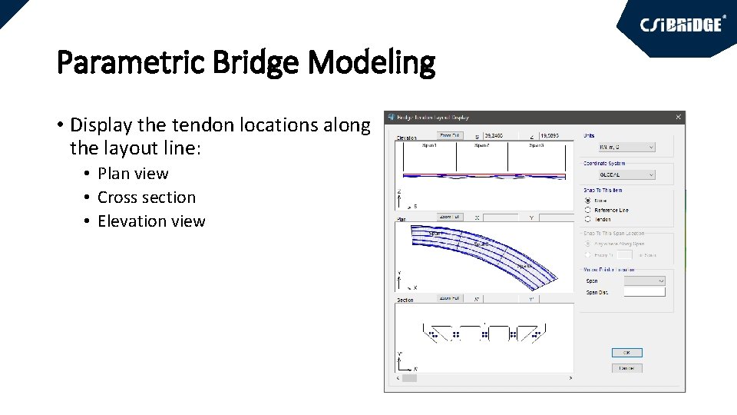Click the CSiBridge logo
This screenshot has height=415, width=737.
coord(682,25)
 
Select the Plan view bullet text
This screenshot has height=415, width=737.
coord(133,174)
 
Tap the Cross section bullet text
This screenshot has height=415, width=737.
coord(147,198)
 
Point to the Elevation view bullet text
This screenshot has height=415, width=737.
coord(151,221)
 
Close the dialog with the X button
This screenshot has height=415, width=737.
coord(678,118)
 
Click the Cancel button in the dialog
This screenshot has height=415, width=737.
coord(626,368)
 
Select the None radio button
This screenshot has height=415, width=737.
coord(588,201)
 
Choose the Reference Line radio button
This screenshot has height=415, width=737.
coord(588,210)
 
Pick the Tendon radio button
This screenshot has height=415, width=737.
coord(588,219)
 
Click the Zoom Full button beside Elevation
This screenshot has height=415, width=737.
coord(450,135)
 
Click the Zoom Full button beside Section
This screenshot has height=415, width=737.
coord(450,298)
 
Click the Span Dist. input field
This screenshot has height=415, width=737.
coord(644,292)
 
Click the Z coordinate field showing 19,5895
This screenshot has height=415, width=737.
coord(554,135)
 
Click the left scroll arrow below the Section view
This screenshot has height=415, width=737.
coord(398,378)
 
